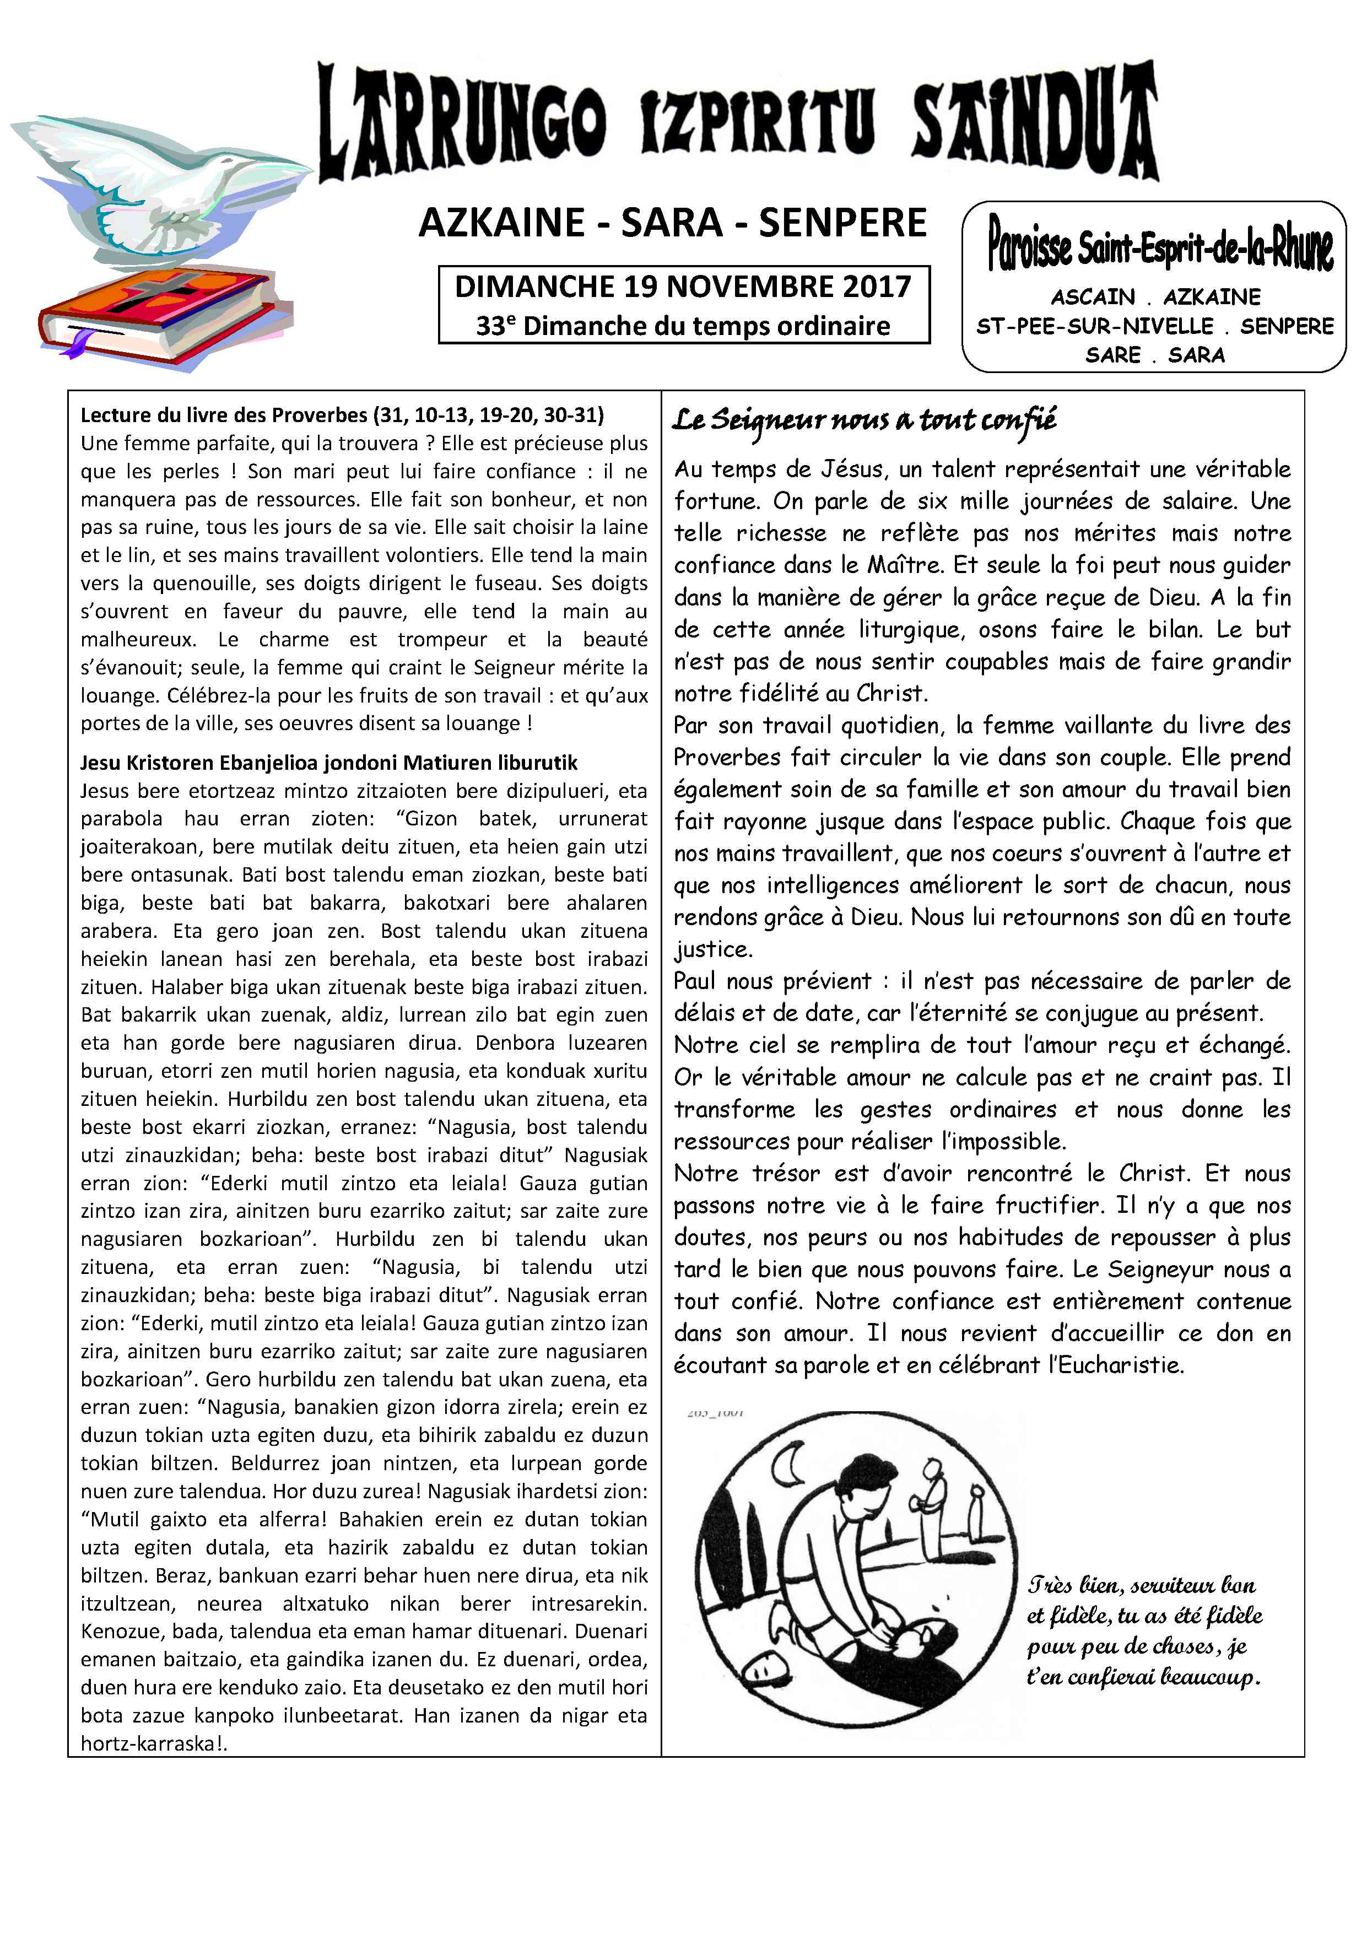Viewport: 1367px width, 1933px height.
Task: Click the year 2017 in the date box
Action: pyautogui.click(x=876, y=287)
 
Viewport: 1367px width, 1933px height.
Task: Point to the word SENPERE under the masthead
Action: pyautogui.click(x=842, y=223)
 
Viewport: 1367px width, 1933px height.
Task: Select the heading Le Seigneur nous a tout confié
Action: pyautogui.click(x=863, y=420)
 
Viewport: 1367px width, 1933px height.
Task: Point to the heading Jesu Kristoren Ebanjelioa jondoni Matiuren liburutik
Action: pyautogui.click(x=329, y=763)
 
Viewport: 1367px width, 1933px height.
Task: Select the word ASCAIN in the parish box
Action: pyautogui.click(x=1093, y=297)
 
